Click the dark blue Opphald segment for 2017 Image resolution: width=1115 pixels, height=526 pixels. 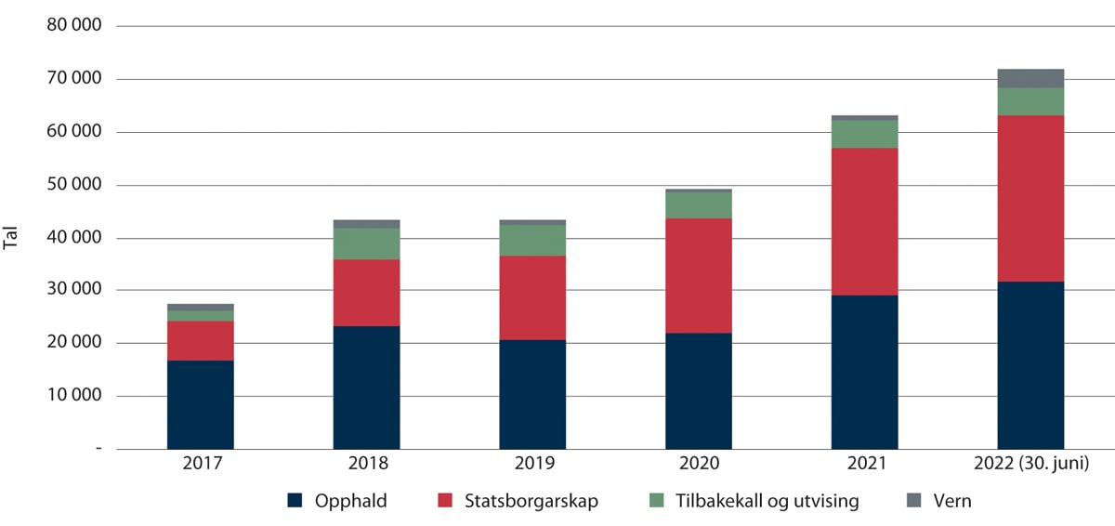coord(200,404)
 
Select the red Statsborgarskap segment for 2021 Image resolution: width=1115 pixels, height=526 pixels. coord(864,221)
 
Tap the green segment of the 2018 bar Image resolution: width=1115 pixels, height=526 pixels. coord(366,243)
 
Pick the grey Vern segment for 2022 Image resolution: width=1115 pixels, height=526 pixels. coord(1030,78)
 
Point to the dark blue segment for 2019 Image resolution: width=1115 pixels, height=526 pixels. coord(532,394)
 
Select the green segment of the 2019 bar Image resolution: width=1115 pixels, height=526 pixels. coord(532,240)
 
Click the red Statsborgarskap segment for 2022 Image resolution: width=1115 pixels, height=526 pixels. coord(1030,198)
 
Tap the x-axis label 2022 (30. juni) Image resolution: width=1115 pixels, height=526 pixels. coord(1030,463)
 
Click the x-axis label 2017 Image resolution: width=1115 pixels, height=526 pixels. coord(200,463)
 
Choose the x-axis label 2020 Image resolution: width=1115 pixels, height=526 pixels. coord(698,463)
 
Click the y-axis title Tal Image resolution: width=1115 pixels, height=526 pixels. coord(12,238)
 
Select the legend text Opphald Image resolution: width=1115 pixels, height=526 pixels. coord(350,501)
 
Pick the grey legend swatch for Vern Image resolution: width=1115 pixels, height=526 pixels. coord(915,501)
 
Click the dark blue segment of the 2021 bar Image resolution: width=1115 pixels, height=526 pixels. coord(864,372)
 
